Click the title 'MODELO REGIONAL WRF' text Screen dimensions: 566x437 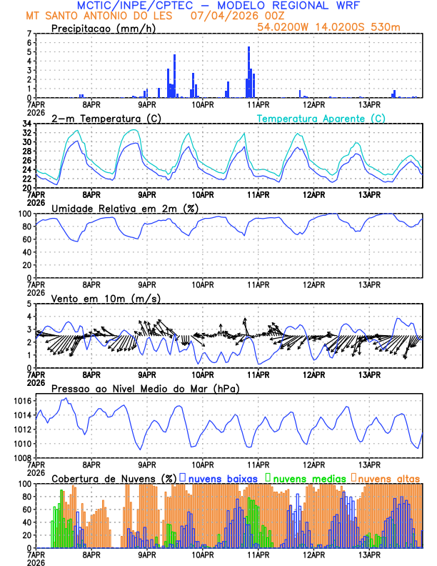coord(298,6)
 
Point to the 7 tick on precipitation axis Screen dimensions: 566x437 coord(29,34)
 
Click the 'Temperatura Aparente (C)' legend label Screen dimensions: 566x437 coord(321,118)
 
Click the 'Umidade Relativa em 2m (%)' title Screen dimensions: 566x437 coord(126,208)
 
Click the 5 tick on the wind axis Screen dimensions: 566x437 coord(29,304)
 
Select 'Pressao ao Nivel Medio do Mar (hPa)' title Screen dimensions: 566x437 coord(145,388)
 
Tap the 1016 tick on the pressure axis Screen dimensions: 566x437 coord(21,402)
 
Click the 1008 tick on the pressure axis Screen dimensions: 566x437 coord(21,457)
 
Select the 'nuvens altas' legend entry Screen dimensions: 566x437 coord(388,477)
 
